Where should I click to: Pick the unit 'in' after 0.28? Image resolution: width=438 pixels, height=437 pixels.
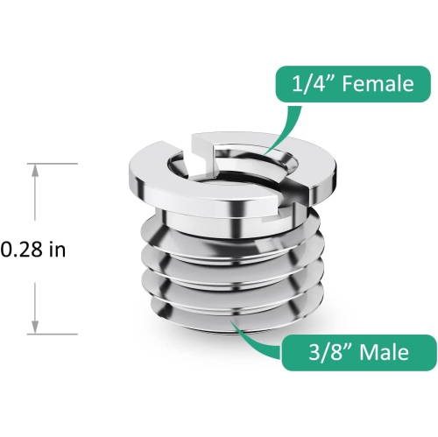tap(57, 250)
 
